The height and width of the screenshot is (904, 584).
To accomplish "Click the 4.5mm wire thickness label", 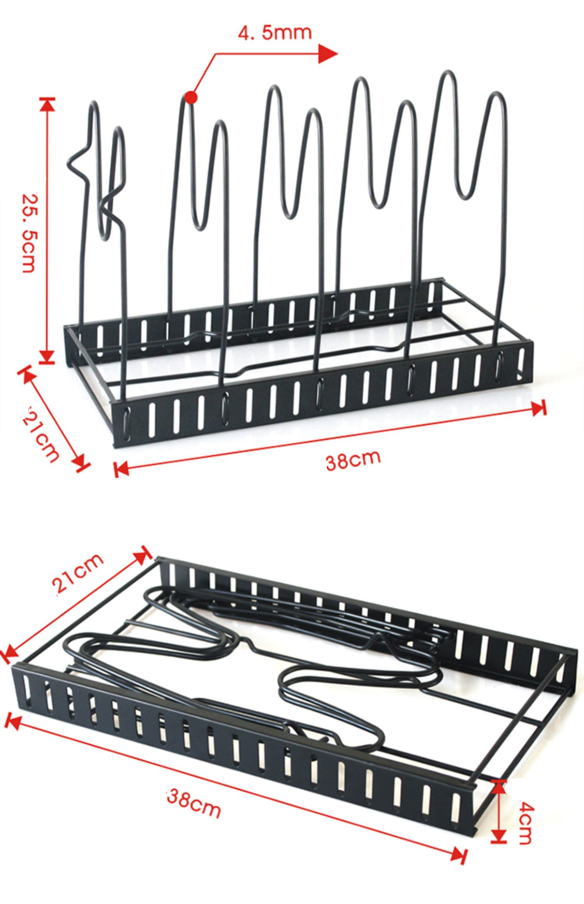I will coord(275,33).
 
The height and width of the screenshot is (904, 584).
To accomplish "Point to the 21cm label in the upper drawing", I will coord(42,434).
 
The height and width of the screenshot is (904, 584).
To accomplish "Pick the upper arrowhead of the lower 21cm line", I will coord(145,553).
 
